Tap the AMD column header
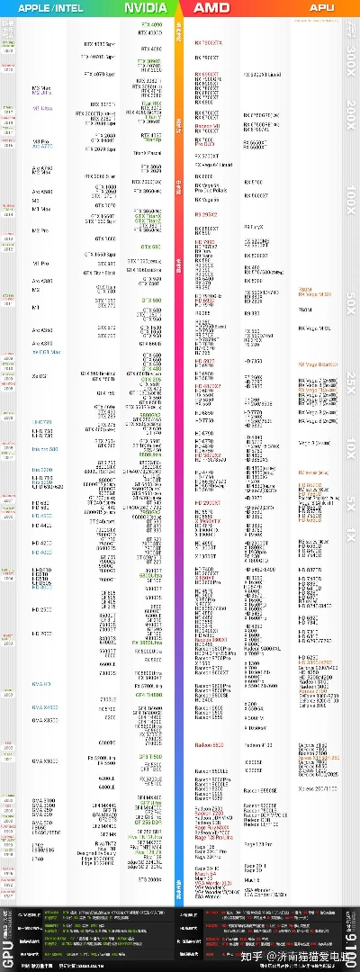tap(212, 7)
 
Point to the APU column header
tap(321, 7)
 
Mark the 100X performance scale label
tap(352, 193)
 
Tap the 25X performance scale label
tap(352, 379)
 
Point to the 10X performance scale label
tap(352, 444)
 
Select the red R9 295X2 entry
tap(206, 215)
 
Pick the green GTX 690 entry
tap(150, 247)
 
